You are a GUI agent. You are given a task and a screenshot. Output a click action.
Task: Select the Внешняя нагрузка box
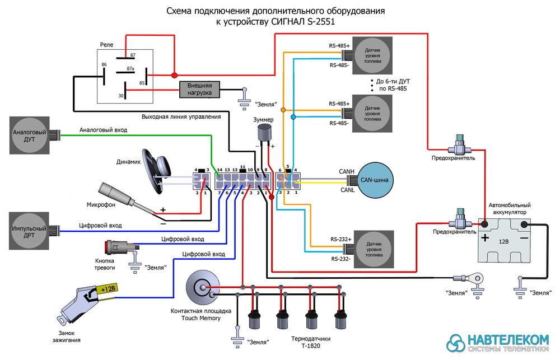199,89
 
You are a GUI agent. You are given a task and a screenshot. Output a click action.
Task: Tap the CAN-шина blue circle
377,180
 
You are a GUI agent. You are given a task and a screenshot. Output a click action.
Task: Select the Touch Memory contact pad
200,287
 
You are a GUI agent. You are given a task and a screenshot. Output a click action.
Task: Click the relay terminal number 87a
130,69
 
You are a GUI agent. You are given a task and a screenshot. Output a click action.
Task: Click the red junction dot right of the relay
174,75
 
